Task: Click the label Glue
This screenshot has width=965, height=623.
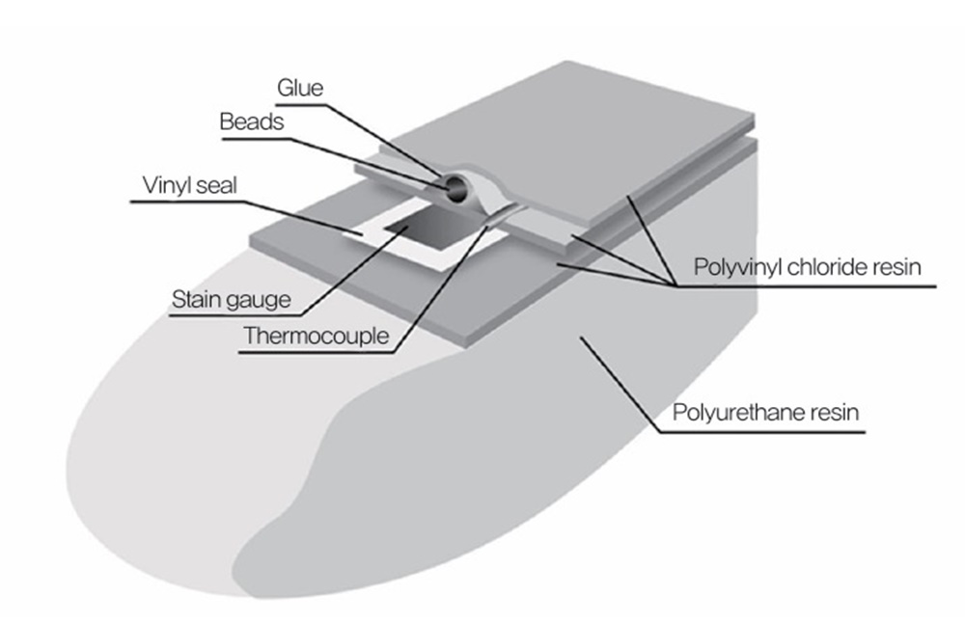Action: tap(300, 90)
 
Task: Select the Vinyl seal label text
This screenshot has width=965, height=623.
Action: tap(189, 185)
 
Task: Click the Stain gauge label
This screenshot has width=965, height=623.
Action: tap(231, 300)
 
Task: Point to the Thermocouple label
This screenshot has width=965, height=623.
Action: tap(316, 337)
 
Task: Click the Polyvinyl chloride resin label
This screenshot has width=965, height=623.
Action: tap(808, 267)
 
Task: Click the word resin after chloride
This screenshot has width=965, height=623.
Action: tap(898, 267)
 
